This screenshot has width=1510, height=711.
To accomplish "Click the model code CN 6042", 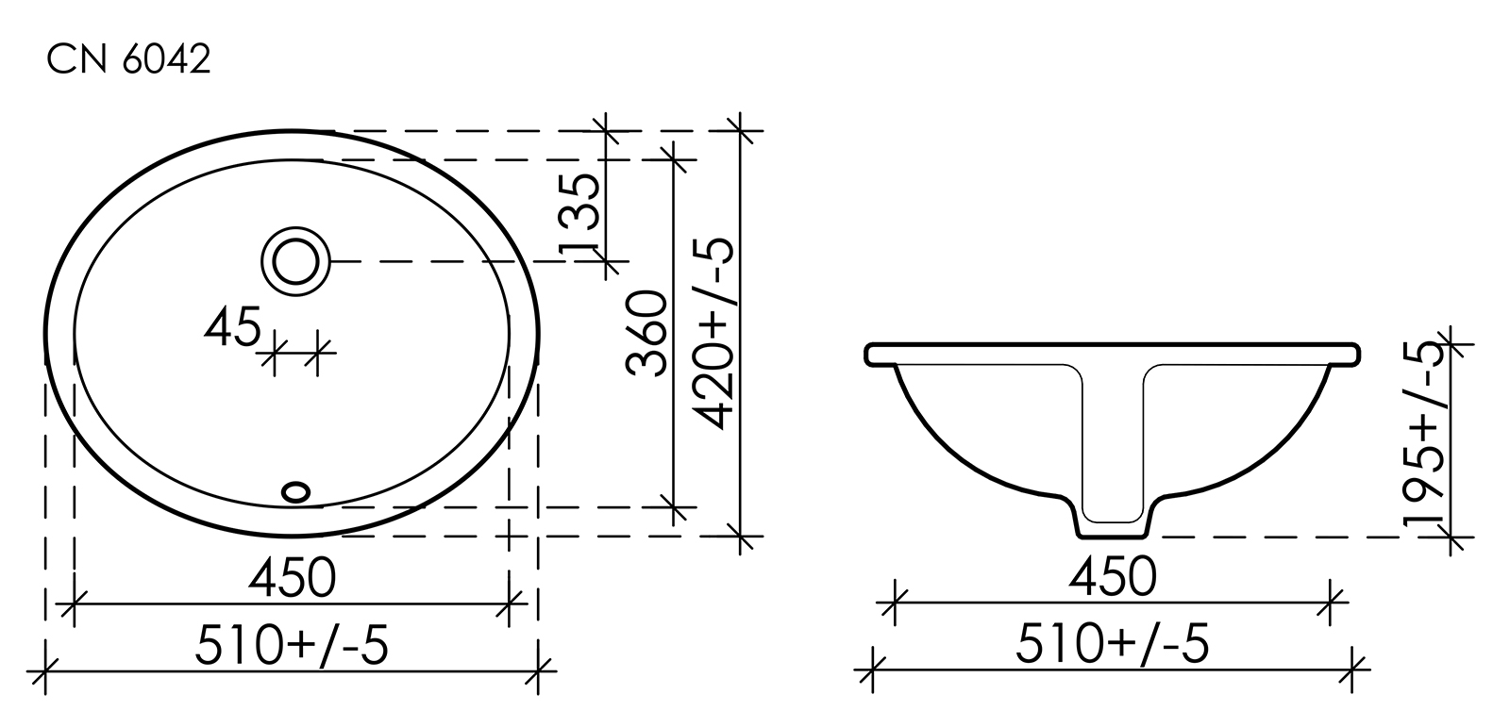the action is [128, 59].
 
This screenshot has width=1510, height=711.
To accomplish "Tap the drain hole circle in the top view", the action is [296, 261].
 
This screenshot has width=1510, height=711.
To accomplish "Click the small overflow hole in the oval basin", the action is [296, 491].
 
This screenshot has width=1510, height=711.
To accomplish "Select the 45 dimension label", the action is [232, 326].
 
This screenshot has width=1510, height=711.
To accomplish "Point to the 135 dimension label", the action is [580, 213].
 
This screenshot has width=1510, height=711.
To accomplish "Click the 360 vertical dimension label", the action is [646, 333].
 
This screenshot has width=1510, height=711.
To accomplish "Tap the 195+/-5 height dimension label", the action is [1424, 434].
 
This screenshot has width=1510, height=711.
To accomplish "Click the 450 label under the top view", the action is [292, 578].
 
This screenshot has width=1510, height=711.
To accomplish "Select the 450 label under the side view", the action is [1113, 576].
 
